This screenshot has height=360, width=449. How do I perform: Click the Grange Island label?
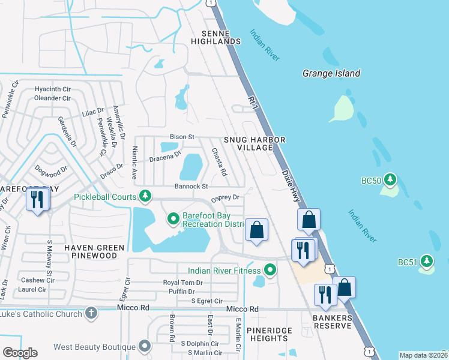pos(331,74)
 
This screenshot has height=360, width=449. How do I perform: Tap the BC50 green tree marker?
pos(390,179)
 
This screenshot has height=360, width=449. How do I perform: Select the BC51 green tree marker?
pos(426,261)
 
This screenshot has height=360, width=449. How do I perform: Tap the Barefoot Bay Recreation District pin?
pos(173,219)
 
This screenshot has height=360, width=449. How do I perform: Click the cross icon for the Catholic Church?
pos(91,313)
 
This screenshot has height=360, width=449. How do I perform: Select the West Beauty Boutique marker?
pos(145,347)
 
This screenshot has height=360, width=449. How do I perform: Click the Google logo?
pos(20,352)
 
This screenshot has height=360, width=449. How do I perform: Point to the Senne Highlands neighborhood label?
pos(215,37)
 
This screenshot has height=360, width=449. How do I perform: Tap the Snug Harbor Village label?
pos(254,143)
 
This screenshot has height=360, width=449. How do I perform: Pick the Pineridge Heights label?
pos(270,335)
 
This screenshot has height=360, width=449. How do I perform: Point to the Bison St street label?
pos(182,137)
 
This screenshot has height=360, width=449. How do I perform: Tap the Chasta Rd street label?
pos(218,162)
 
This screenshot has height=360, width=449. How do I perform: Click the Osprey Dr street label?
pos(225,197)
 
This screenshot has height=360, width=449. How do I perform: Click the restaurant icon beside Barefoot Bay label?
pos(38,199)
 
